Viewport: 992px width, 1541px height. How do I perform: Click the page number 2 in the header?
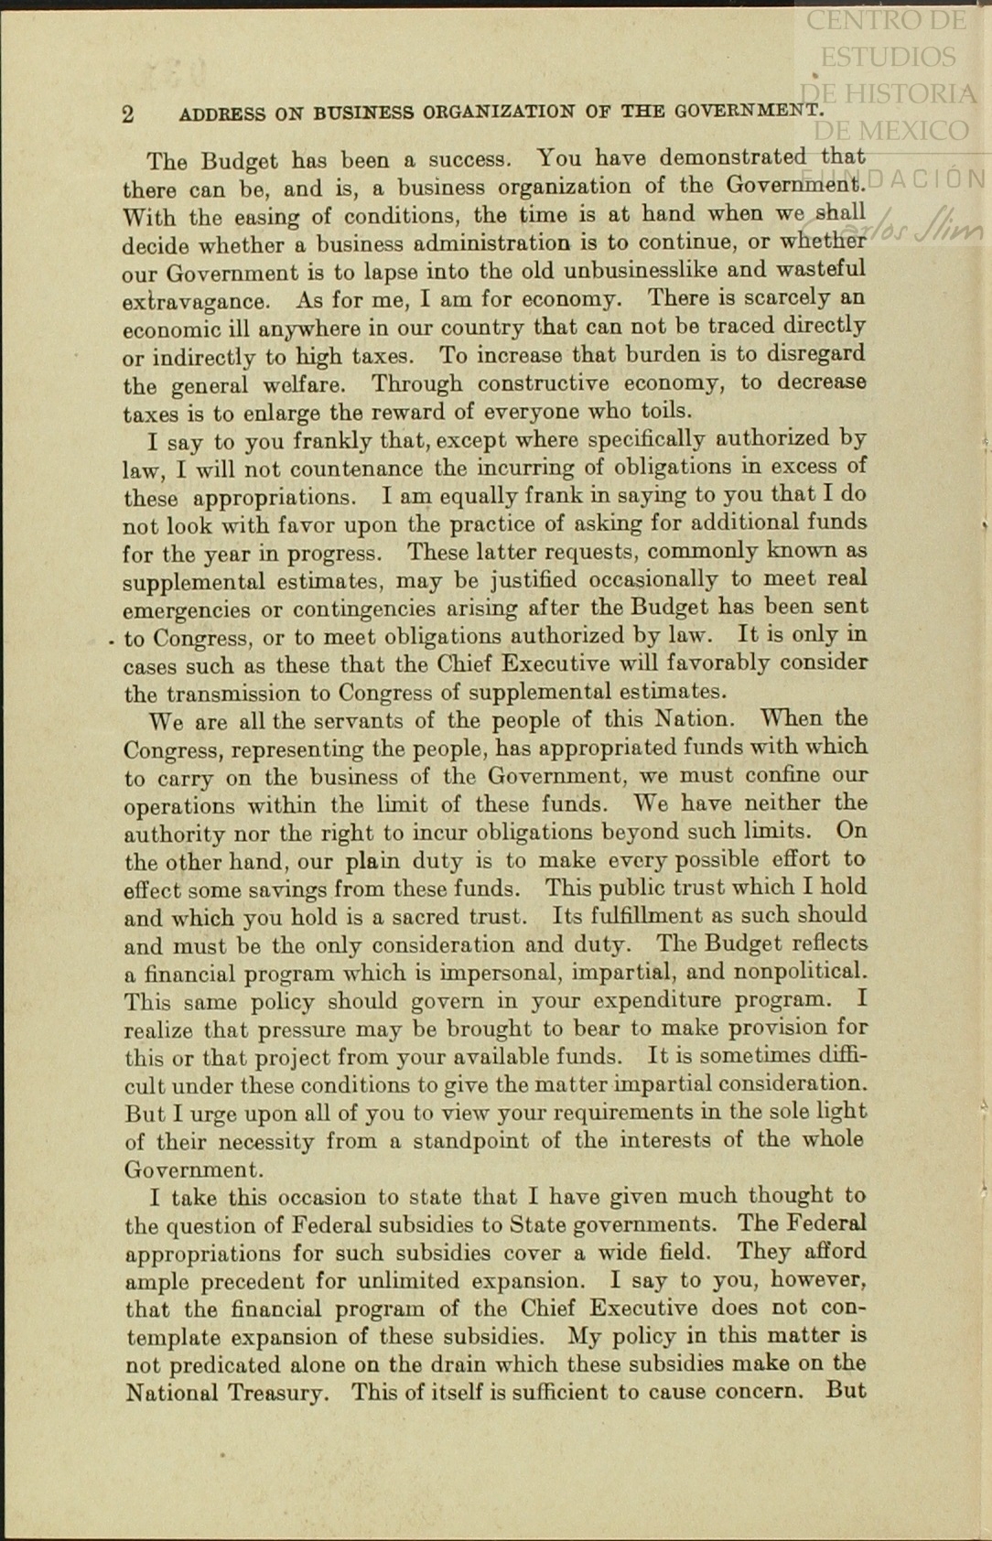pos(128,114)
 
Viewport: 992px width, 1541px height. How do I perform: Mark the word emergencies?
pos(186,610)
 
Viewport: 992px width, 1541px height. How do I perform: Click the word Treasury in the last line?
pos(282,1394)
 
